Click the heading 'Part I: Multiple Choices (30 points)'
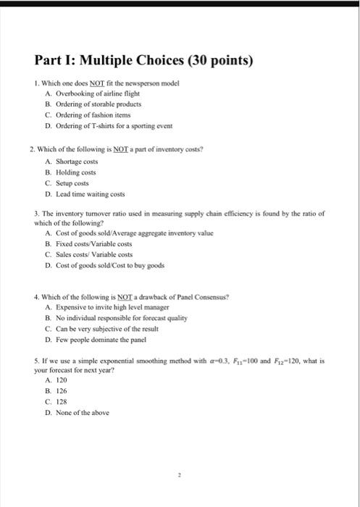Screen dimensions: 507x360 click(143, 59)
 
